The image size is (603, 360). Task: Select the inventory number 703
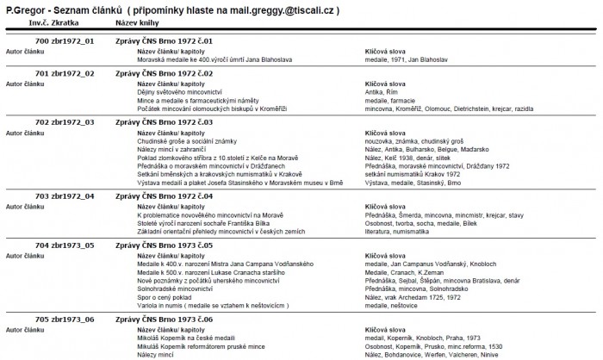[x=41, y=196]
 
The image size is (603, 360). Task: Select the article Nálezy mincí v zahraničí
[x=176, y=147]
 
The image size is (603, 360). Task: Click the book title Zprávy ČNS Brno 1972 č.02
[x=165, y=73]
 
